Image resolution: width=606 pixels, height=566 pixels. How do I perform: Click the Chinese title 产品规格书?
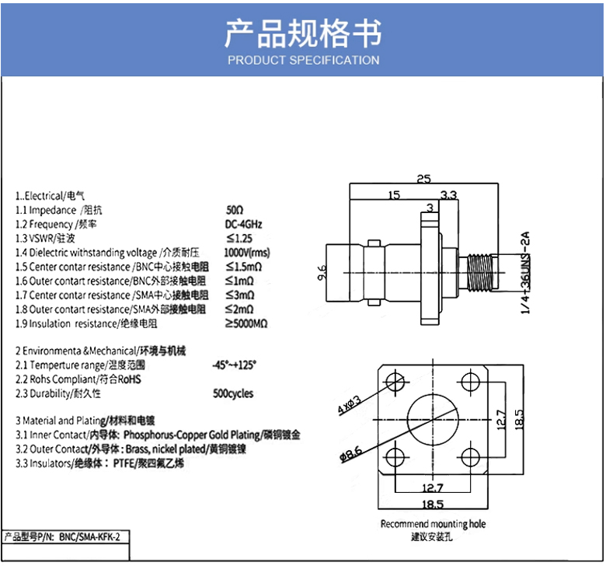[303, 33]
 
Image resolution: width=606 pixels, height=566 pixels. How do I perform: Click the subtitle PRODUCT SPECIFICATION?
[303, 60]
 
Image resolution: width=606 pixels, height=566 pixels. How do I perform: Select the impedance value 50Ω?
[235, 210]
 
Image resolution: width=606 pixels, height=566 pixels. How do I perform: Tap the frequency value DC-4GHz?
[243, 224]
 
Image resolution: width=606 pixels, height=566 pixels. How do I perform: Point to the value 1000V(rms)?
[247, 253]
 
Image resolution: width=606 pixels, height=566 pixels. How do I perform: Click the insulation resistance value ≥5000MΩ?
[246, 323]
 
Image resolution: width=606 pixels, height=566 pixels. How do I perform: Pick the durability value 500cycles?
[233, 393]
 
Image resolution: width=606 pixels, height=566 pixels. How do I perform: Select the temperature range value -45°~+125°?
[234, 365]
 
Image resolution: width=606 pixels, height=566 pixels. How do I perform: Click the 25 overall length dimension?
[423, 179]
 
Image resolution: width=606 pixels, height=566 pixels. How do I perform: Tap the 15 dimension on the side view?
[395, 195]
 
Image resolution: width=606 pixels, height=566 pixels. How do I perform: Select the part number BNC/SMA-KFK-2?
[91, 536]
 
